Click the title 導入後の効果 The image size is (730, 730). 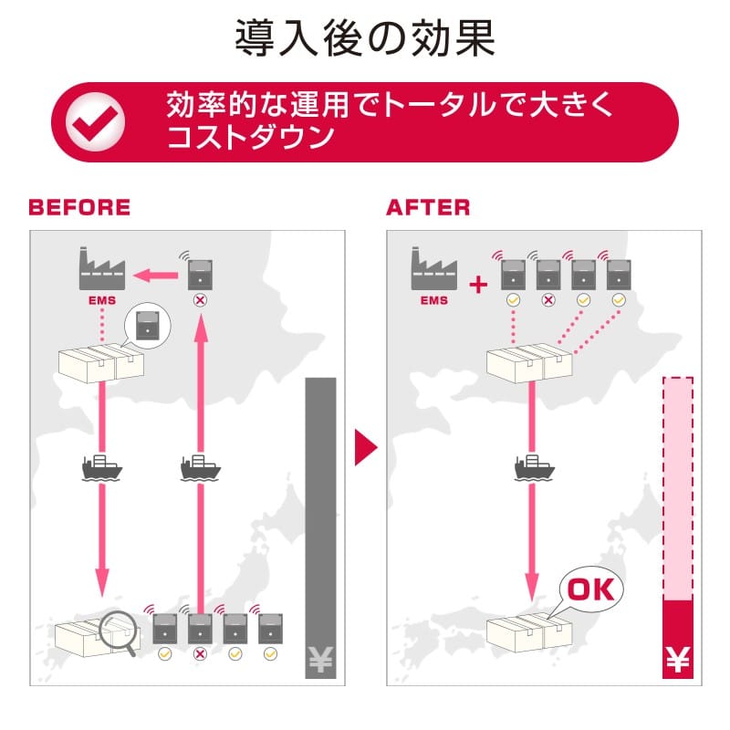pos(365,39)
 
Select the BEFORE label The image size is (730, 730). pos(79,207)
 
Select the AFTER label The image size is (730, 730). pos(428,207)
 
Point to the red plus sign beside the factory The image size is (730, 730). pos(477,286)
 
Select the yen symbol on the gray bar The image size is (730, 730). pos(319,658)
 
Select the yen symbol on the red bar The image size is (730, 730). pos(676,659)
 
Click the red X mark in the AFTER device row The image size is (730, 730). pos(548,299)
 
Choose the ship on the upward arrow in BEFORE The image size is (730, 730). pos(201,468)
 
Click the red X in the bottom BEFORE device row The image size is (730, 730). pos(200,654)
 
